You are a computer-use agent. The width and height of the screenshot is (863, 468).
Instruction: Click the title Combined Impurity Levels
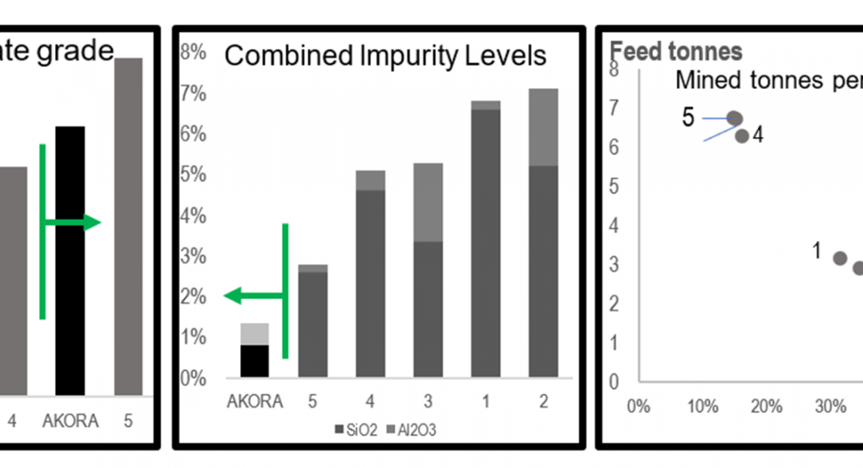pos(385,56)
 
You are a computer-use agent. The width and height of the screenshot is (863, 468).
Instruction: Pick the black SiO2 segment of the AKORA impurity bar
pos(255,361)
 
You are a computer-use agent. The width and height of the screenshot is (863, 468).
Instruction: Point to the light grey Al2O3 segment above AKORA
pos(255,333)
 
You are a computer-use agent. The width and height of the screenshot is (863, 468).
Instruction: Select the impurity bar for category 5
pos(313,321)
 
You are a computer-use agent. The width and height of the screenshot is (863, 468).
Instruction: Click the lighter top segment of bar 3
pos(428,202)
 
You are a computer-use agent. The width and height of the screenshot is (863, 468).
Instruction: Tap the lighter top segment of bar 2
pos(543,127)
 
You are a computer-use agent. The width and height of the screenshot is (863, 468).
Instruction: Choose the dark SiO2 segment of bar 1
pos(486,242)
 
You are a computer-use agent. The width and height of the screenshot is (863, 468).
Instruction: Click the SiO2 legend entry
pos(356,430)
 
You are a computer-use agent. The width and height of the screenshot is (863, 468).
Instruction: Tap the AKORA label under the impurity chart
pos(255,401)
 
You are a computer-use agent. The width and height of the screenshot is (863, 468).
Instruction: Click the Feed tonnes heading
pos(676,52)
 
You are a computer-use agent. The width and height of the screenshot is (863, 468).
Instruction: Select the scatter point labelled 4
pos(742,136)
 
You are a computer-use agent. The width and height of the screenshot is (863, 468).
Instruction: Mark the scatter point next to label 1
pos(840,258)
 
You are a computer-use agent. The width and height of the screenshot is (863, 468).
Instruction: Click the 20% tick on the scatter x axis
pos(766,406)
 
